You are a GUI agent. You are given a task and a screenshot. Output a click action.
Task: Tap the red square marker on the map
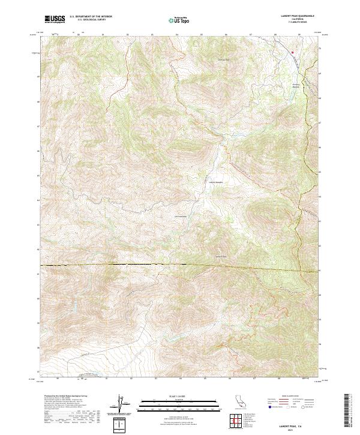point(293,52)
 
